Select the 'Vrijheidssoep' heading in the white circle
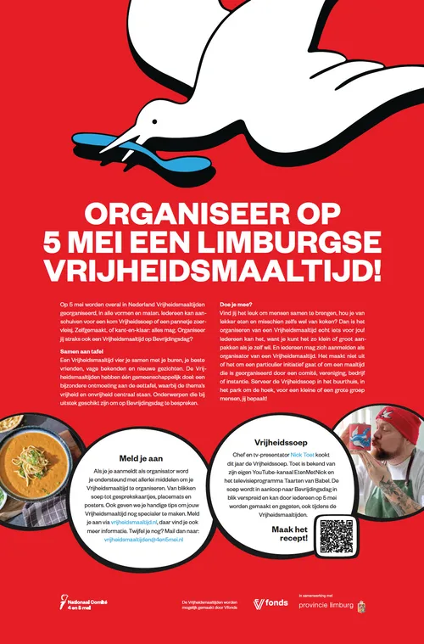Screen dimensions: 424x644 point(277,441)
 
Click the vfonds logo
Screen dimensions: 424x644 point(271,603)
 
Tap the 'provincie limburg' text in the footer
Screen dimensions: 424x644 point(326,604)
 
